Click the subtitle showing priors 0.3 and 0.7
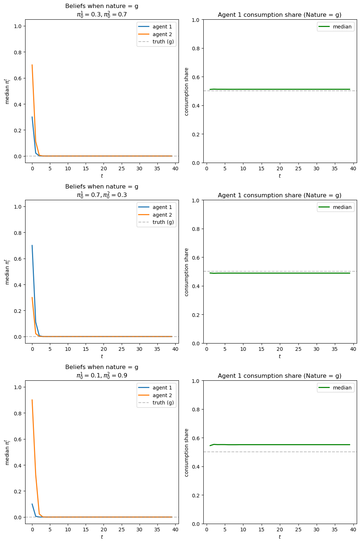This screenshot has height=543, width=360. coord(102,14)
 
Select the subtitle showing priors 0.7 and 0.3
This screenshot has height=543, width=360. coord(102,195)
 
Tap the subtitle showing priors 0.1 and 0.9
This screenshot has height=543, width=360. coord(102,375)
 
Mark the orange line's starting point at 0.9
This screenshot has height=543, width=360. coord(32,400)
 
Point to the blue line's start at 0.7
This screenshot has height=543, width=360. coord(32,245)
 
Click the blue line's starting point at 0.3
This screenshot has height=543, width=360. coord(32,117)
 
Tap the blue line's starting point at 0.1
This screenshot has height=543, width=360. coord(32,504)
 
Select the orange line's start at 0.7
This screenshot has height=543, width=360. coord(32,65)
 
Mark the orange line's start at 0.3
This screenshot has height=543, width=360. coord(32,298)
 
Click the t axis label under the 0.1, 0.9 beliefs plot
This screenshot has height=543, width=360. coord(102,537)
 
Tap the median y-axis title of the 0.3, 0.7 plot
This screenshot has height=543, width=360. coord(7,91)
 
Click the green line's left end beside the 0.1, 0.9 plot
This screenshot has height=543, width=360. coord(210,446)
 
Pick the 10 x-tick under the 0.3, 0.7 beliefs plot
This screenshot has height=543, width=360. coord(68,169)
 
